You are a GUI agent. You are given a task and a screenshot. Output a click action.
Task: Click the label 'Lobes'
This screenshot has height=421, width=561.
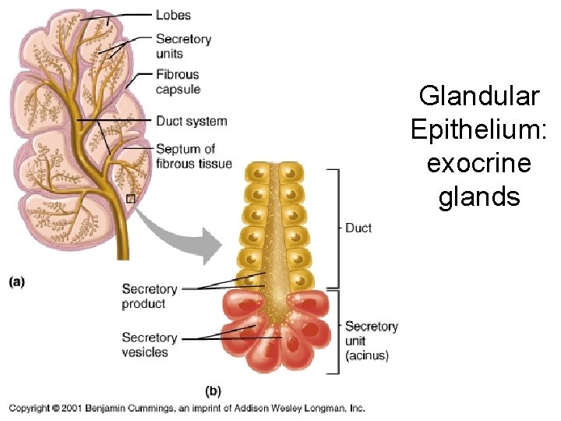pos(173,15)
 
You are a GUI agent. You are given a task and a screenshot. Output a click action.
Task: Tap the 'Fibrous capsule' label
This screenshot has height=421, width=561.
pos(178,82)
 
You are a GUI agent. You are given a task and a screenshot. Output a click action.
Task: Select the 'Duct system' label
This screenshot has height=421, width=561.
pos(191,121)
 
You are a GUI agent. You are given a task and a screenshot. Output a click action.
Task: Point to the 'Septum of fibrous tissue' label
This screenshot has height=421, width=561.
pos(193,156)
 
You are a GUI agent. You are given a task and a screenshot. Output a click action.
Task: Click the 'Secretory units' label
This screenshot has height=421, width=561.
pos(183,46)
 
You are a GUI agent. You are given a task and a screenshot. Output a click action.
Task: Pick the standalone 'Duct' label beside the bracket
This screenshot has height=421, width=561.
pos(358,228)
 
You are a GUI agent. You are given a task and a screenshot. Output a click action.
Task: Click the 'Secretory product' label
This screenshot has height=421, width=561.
pos(149,296)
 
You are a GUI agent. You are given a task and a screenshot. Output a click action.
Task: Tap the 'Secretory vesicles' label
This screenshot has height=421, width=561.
pos(149,345)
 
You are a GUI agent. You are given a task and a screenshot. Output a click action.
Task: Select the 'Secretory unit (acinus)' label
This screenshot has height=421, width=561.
pos(371,341)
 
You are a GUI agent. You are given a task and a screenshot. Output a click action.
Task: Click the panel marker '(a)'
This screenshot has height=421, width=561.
pos(17,281)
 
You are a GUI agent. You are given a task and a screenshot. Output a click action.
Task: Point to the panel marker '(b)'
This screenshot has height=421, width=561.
pos(213,390)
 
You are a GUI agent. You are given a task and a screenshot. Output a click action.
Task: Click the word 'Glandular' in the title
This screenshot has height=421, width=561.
pos(478,96)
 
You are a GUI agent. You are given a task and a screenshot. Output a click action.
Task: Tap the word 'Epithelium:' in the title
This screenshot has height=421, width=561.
pos(478,129)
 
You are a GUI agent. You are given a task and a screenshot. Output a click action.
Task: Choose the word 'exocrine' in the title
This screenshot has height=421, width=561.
pos(478,163)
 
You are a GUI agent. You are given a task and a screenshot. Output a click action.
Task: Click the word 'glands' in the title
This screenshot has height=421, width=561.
pos(478,196)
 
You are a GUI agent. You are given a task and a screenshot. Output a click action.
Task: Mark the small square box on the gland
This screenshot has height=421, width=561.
pos(131,199)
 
